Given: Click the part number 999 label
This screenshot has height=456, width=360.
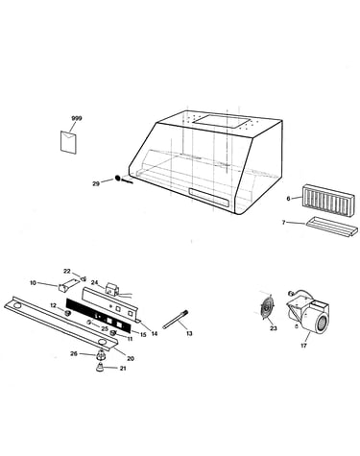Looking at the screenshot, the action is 77,118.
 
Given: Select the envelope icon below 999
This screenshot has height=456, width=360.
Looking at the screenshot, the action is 68,142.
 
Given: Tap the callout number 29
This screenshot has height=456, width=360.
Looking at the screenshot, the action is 96,183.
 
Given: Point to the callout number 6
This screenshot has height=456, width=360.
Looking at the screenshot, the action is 288,199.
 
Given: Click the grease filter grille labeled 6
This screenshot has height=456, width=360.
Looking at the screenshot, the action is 328,198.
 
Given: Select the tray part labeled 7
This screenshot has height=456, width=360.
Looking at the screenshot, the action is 331,228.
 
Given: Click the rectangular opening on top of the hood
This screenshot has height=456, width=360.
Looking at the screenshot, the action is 222,121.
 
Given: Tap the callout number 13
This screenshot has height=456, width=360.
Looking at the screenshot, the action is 189,333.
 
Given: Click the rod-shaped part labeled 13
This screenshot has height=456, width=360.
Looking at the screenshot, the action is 176,320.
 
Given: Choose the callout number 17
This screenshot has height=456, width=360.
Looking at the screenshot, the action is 303,346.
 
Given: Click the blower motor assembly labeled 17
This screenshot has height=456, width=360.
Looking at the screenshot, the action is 308,313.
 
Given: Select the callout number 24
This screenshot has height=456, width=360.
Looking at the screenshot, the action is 94,282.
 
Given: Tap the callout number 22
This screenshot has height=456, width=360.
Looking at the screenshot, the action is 66,272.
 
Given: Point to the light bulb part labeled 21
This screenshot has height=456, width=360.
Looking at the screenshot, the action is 101,368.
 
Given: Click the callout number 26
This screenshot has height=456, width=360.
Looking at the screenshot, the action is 74,353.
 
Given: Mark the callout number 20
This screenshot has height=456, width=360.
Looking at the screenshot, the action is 131,359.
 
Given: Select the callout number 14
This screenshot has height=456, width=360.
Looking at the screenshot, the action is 155,334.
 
